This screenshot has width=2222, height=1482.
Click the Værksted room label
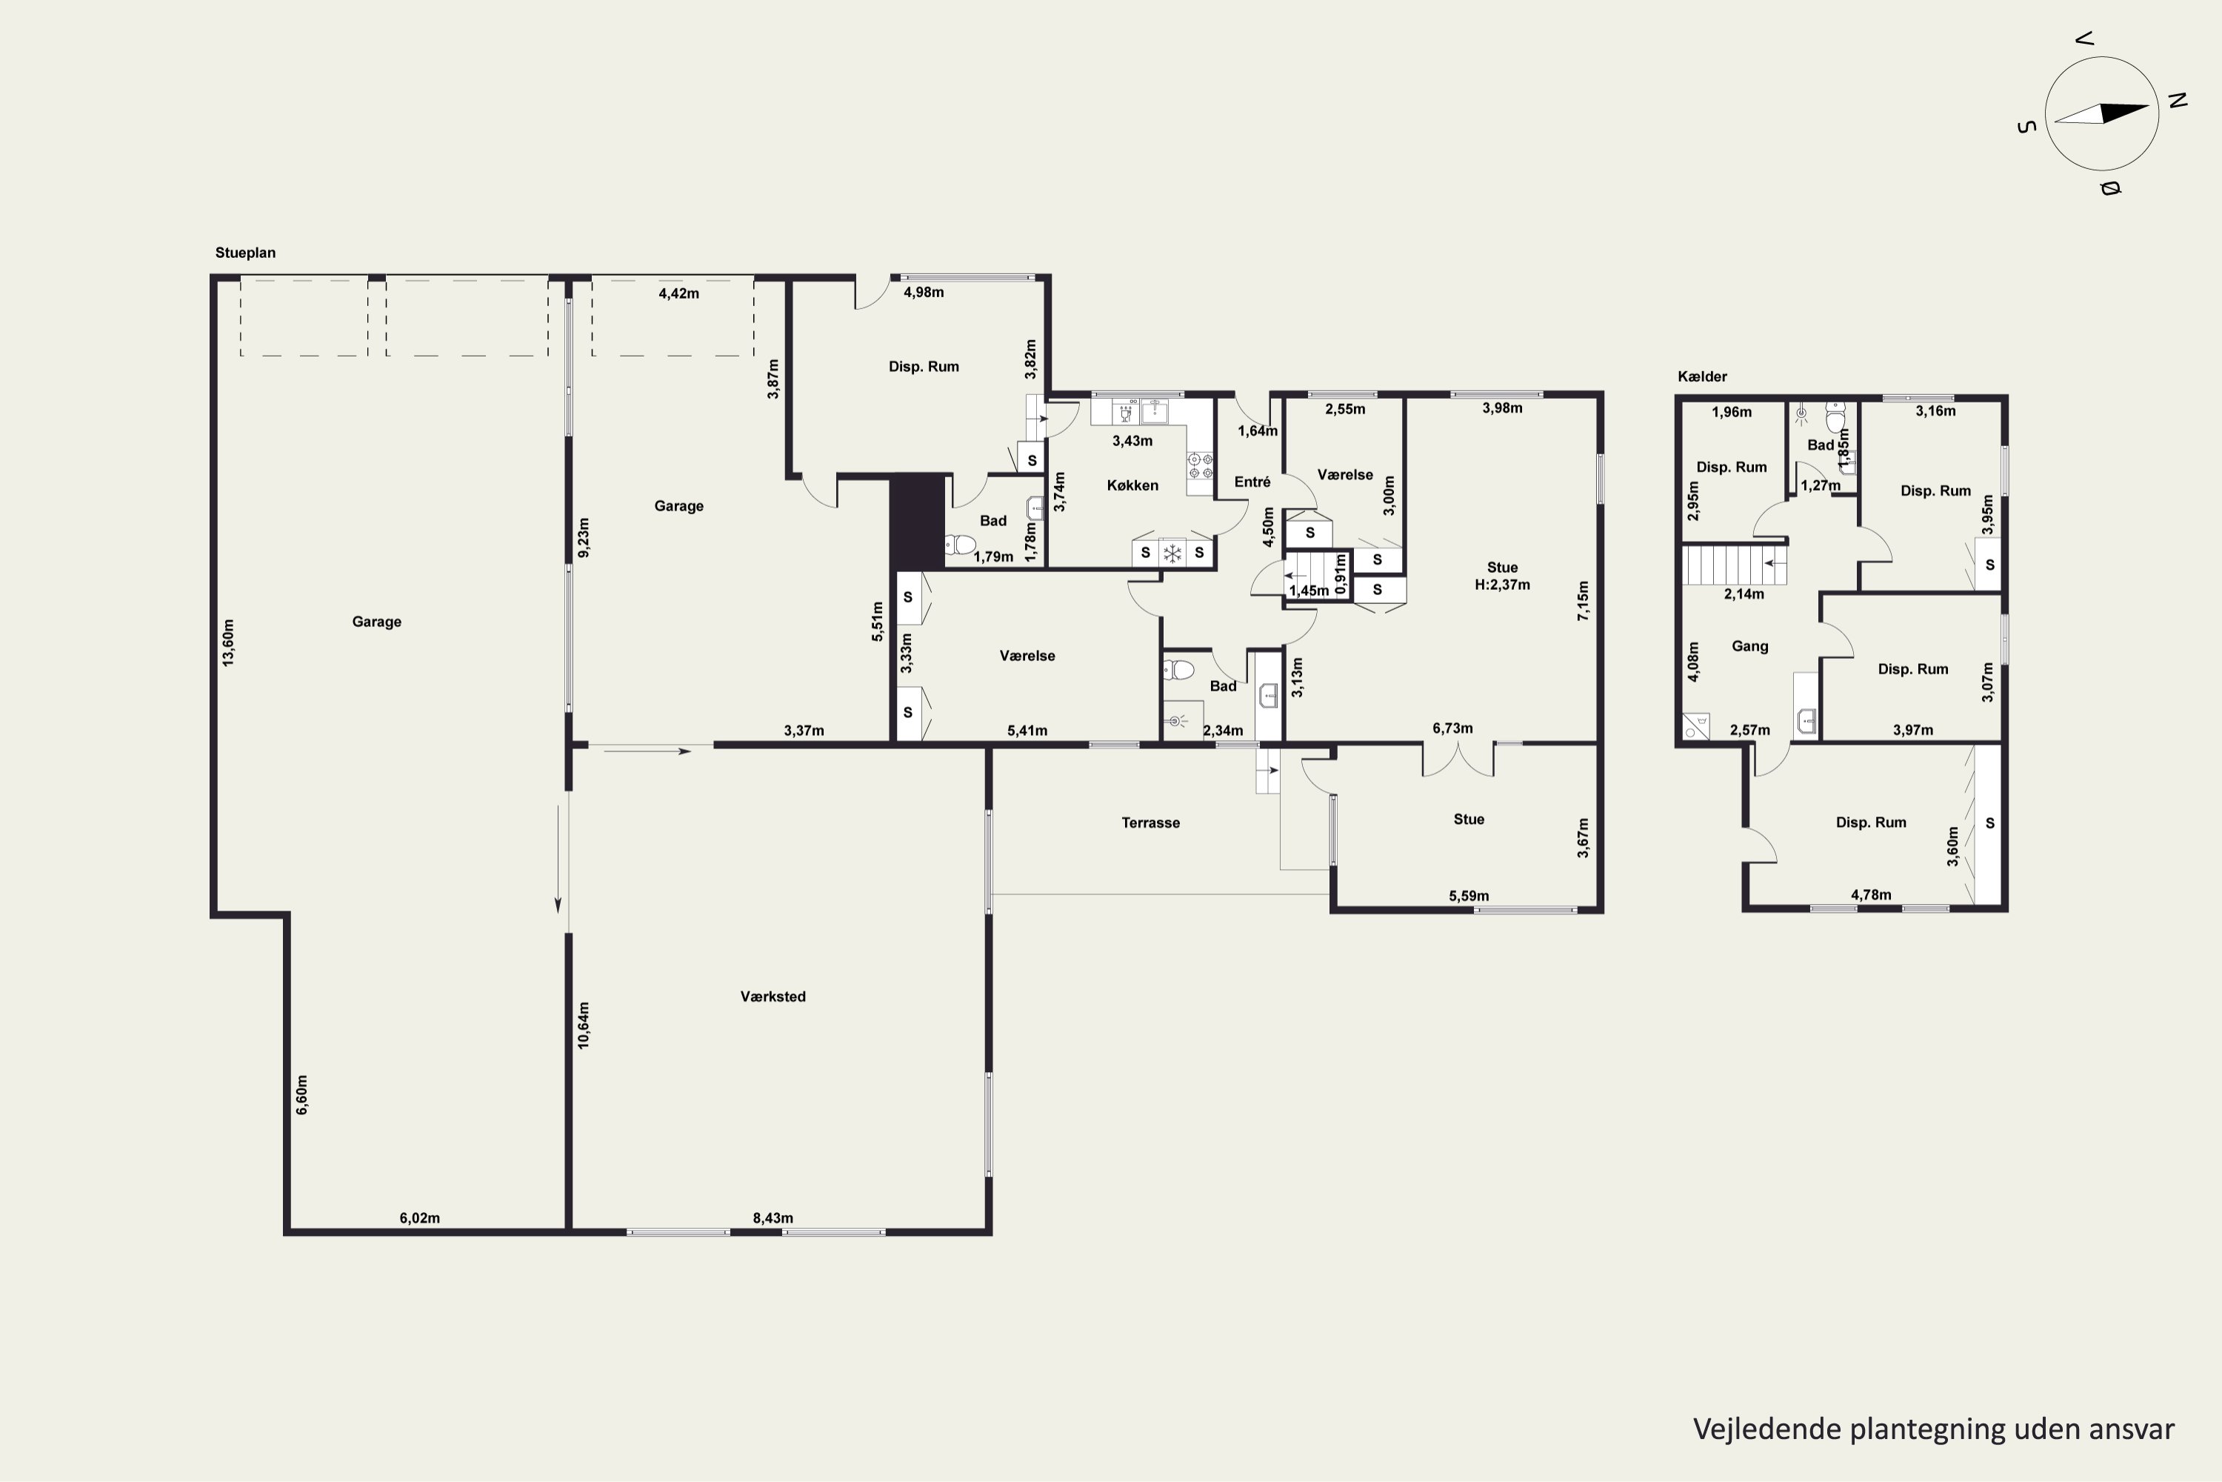[x=773, y=996]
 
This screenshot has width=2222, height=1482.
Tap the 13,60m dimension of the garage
[x=227, y=642]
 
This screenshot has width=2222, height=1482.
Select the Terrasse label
[x=1151, y=823]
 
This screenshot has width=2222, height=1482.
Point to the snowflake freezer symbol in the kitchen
[x=1172, y=553]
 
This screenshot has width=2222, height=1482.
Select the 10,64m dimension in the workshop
[x=583, y=1026]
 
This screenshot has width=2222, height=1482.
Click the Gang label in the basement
[x=1749, y=646]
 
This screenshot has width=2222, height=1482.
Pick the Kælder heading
[x=1702, y=376]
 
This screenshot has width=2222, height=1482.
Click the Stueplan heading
[x=246, y=253]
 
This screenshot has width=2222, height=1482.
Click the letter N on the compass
[x=2177, y=100]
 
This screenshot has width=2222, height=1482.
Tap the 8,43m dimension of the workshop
[x=773, y=1218]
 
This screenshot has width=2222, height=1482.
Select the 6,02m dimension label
[x=419, y=1218]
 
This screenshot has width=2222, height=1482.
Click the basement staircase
[x=1735, y=565]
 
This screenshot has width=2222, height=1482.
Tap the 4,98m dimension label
[x=924, y=292]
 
